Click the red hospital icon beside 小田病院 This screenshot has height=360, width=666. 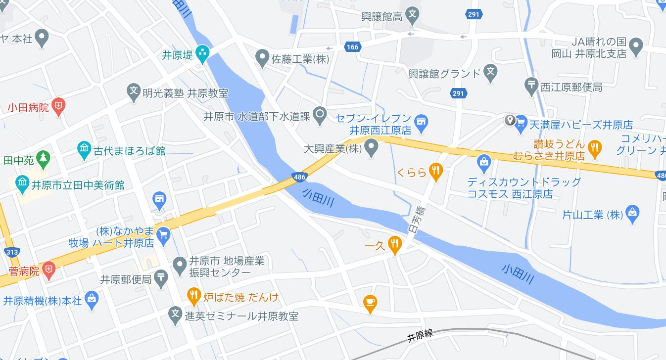pyautogui.click(x=59, y=106)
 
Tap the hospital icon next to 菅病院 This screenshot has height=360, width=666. pyautogui.click(x=48, y=270)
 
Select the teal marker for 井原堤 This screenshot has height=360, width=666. pyautogui.click(x=202, y=53)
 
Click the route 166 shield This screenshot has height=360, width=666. pyautogui.click(x=352, y=47)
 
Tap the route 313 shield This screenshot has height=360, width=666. pyautogui.click(x=12, y=253)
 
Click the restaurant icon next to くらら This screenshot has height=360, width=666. pyautogui.click(x=435, y=171)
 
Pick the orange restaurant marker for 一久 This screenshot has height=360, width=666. pyautogui.click(x=394, y=244)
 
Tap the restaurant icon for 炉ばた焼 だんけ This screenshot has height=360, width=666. pyautogui.click(x=193, y=296)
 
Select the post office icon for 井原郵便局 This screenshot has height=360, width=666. pyautogui.click(x=161, y=278)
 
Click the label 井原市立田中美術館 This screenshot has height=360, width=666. pyautogui.click(x=78, y=185)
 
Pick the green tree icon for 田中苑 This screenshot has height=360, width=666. pyautogui.click(x=44, y=158)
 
